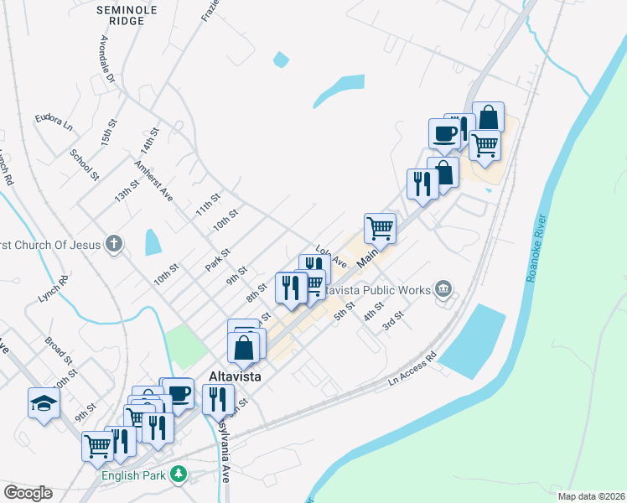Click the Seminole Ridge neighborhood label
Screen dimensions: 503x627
click(128, 15)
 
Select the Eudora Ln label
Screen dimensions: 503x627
click(54, 121)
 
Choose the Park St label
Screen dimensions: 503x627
click(218, 260)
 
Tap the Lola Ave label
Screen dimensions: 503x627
click(331, 255)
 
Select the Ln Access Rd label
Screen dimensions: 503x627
click(413, 370)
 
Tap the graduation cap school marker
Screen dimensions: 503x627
click(44, 404)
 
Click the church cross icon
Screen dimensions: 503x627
click(114, 245)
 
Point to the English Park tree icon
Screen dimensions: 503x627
click(178, 475)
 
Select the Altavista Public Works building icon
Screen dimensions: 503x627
click(443, 290)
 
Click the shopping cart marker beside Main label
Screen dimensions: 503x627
click(380, 227)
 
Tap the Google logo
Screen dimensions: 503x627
click(28, 493)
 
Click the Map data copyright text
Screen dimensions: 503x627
click(590, 496)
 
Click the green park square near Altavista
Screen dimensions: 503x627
click(185, 343)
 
